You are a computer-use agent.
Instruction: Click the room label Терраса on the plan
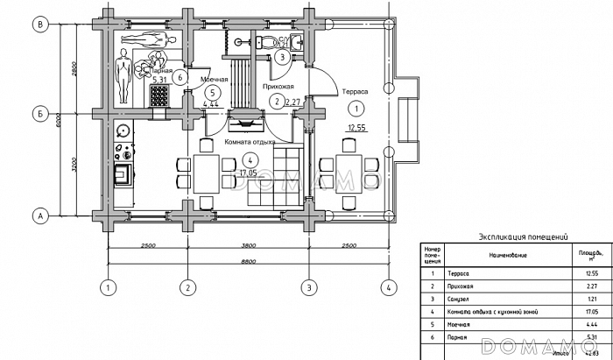(355, 91)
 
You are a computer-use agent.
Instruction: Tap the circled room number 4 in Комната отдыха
(250, 159)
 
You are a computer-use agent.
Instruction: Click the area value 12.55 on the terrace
(356, 127)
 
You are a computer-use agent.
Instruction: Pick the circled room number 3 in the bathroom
(281, 57)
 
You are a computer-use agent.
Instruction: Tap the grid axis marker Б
(39, 113)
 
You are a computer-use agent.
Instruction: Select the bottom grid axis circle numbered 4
(384, 286)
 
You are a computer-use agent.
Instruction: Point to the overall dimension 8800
(247, 260)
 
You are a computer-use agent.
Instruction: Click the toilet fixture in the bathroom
(271, 39)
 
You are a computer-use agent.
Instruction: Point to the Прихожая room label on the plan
(277, 88)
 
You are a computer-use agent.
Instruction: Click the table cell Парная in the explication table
(458, 336)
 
